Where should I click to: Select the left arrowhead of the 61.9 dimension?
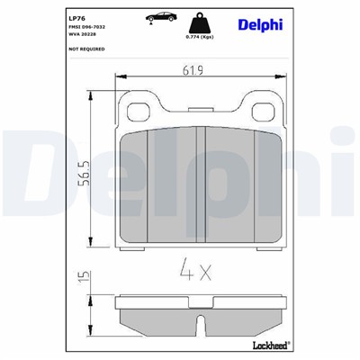[121, 80]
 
